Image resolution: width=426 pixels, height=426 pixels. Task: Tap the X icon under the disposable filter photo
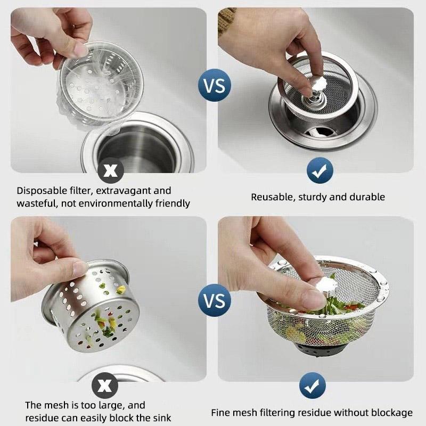[x=110, y=170]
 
